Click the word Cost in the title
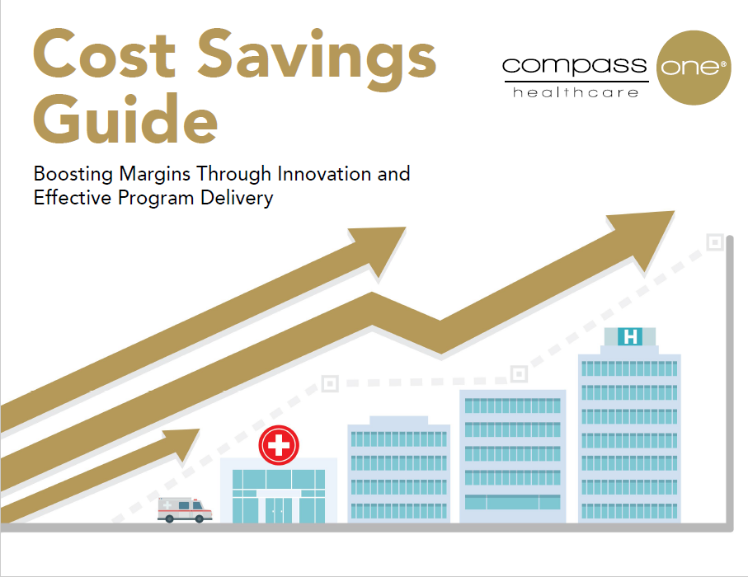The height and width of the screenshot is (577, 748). pos(105,54)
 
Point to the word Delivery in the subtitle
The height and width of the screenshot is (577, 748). pos(237,199)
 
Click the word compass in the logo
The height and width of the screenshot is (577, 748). pos(574,66)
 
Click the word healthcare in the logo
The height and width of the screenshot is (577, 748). pos(576,92)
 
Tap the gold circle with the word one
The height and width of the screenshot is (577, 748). pos(694,68)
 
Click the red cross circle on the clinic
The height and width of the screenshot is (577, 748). pos(279,445)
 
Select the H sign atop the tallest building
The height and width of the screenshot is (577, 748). pos(630,336)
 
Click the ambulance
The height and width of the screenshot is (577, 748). pos(185,509)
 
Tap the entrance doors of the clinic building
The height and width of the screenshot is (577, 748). pos(279,509)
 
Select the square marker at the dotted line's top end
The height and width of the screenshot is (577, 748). pos(715,242)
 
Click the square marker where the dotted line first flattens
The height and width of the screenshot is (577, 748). pos(330,383)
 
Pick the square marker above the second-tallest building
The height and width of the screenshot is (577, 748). pos(519,374)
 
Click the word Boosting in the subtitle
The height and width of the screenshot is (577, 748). pos(73,174)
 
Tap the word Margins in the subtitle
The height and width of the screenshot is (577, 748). pos(155,175)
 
